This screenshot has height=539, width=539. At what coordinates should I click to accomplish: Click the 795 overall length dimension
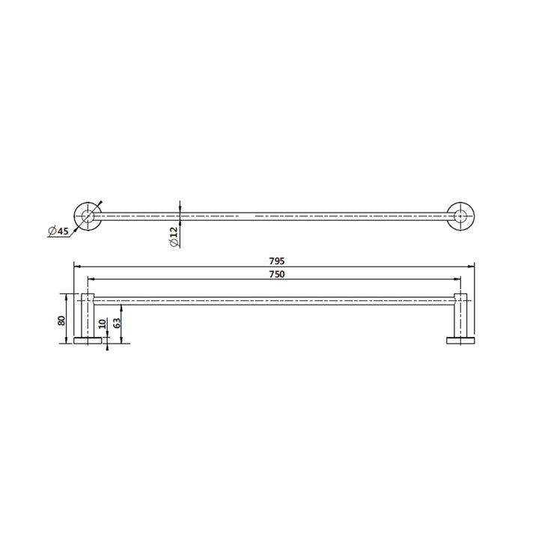[275, 261]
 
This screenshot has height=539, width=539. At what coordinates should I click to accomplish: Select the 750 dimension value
[275, 275]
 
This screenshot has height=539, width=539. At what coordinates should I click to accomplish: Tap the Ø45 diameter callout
[58, 231]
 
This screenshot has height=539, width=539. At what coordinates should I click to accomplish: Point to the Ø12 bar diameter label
[173, 237]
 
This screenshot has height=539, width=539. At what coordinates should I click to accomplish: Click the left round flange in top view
[88, 216]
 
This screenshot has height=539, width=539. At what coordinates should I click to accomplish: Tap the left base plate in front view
[88, 342]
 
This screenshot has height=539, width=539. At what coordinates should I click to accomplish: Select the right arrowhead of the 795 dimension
[472, 267]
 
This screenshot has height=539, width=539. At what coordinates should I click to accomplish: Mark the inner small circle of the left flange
[88, 216]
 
